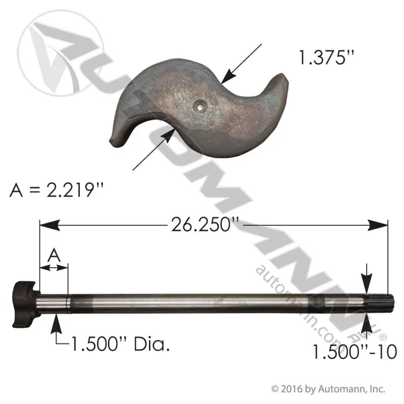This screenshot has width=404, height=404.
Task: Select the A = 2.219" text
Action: click(57, 190)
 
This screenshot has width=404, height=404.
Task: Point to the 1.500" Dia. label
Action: click(120, 344)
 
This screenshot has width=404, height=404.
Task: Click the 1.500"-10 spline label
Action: click(355, 351)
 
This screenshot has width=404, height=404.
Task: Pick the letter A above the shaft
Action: click(54, 256)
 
